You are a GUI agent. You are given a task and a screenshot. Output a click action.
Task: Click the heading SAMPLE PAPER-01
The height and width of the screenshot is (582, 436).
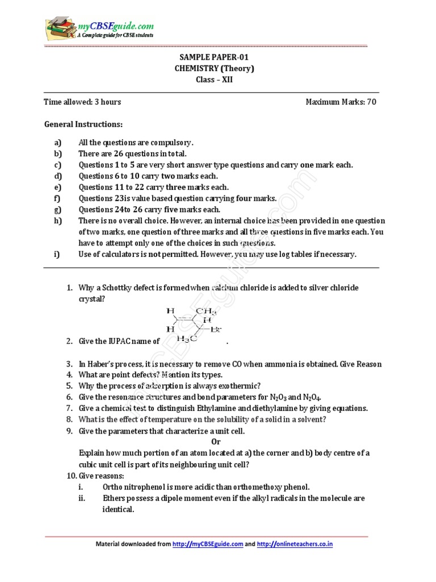214,57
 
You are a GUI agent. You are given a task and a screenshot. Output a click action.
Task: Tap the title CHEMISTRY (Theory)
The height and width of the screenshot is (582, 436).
214,69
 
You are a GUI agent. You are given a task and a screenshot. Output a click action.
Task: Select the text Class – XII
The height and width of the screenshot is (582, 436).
214,80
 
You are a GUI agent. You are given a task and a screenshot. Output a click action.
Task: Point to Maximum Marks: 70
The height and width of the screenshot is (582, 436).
341,102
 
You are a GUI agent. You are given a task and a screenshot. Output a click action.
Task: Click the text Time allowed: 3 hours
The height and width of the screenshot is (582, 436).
82,102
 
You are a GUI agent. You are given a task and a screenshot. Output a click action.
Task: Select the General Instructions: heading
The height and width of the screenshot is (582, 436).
83,124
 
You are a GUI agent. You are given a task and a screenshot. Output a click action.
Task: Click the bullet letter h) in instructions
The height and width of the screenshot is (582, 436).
57,221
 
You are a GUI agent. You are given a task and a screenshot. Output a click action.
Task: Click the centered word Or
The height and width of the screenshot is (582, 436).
216,442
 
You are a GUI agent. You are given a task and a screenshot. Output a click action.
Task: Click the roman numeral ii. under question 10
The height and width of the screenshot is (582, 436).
82,498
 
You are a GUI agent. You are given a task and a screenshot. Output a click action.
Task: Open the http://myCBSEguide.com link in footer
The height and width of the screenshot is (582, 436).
208,544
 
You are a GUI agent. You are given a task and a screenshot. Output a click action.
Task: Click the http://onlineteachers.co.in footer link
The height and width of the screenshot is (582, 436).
295,544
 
